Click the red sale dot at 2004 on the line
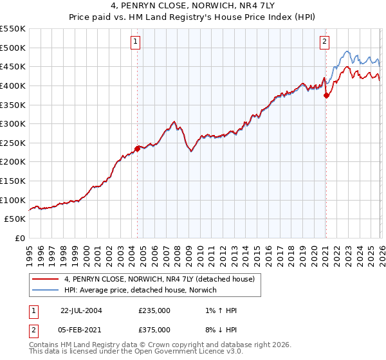(137, 148)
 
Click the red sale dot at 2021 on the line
(326, 95)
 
